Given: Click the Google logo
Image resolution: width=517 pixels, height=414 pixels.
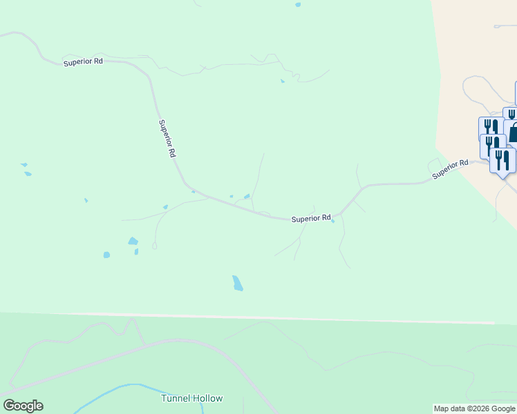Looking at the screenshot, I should pyautogui.click(x=23, y=406).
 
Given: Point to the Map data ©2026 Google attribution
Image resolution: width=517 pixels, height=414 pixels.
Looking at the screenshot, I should pyautogui.click(x=474, y=408).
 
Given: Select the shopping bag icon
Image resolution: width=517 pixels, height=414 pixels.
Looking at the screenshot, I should pyautogui.click(x=513, y=132).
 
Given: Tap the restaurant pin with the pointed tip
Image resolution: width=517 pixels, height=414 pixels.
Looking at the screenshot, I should pyautogui.click(x=502, y=161).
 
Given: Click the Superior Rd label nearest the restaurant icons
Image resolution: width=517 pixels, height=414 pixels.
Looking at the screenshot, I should pyautogui.click(x=450, y=169).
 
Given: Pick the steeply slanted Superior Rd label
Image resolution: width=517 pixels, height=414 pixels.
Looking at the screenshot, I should pyautogui.click(x=167, y=139).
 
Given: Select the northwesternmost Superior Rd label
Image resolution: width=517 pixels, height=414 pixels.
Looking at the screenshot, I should pyautogui.click(x=83, y=61).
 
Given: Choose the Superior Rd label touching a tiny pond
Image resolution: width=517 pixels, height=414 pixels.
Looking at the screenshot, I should pyautogui.click(x=311, y=219).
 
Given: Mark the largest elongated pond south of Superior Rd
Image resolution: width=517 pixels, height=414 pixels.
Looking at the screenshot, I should pyautogui.click(x=238, y=283).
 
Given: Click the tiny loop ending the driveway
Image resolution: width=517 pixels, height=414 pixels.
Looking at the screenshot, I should pyautogui.click(x=155, y=245).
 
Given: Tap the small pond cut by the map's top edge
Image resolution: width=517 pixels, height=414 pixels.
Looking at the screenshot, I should pyautogui.click(x=298, y=4).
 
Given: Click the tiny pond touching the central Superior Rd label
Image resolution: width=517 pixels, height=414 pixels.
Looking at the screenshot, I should pyautogui.click(x=333, y=221).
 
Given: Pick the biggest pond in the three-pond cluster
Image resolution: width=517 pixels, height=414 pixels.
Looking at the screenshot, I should pyautogui.click(x=132, y=241).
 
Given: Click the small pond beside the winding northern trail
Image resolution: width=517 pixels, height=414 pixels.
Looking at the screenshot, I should pyautogui.click(x=282, y=81).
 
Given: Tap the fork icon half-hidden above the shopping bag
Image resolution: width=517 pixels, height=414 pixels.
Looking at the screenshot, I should pyautogui.click(x=511, y=113).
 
